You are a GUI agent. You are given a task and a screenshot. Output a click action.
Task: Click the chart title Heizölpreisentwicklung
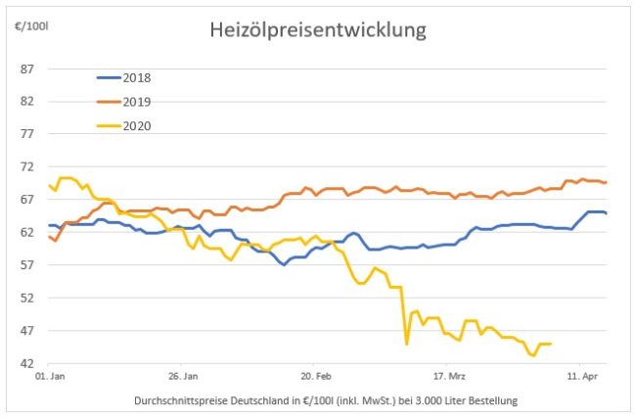pos(318,30)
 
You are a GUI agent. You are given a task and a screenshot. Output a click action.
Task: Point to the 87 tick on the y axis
pos(27,69)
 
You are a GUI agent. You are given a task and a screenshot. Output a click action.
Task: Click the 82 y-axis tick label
pos(27,101)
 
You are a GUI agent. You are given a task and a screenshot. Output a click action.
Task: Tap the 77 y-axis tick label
pos(27,134)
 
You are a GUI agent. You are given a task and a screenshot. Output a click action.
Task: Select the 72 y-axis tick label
pos(27,166)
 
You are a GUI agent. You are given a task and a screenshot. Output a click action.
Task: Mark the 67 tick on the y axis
pos(27,200)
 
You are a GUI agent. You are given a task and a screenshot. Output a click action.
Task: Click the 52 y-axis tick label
pos(27,298)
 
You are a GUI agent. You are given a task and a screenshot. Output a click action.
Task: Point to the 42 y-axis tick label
pos(27,363)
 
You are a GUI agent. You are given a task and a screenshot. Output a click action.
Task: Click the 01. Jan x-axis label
pos(50,375)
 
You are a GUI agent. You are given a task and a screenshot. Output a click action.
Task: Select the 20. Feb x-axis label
pos(315,375)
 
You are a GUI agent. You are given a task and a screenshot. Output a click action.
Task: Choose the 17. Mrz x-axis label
pos(448,375)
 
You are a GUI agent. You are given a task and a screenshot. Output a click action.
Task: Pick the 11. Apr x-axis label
pos(581,375)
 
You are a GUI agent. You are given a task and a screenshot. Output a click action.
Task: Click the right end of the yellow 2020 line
pos(551,344)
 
